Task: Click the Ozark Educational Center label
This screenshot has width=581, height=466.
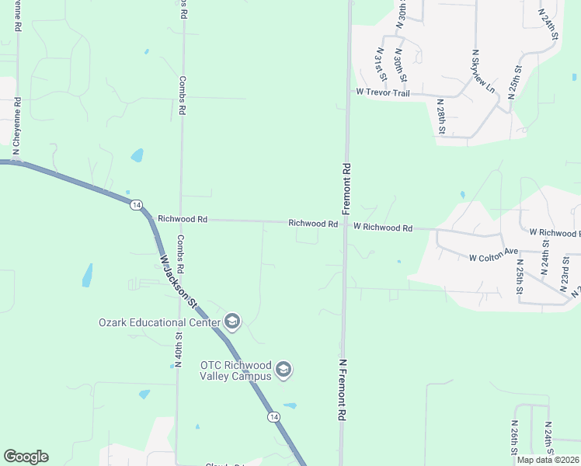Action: coord(159,322)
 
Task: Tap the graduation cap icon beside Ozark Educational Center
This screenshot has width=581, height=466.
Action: coord(231,322)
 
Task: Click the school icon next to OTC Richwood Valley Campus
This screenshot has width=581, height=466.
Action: coord(284,370)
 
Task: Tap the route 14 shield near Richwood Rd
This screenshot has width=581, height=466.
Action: coord(136,204)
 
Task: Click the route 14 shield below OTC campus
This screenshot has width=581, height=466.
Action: coord(273,417)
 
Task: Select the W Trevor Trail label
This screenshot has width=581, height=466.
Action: coord(382,92)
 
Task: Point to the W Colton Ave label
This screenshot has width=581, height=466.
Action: coord(493,256)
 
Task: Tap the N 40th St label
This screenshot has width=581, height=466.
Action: coord(178,349)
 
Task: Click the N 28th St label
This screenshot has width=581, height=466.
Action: coord(440,116)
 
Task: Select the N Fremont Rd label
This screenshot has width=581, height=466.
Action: coord(341,389)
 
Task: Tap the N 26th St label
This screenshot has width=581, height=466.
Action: coord(514,440)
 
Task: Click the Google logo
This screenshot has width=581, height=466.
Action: coord(26,457)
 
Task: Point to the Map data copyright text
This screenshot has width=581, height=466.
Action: coord(548,460)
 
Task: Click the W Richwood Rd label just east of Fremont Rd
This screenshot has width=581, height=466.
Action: coord(382,228)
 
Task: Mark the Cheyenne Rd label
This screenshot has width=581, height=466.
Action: coord(16,124)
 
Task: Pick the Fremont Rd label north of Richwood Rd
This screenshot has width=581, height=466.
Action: coord(346,188)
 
